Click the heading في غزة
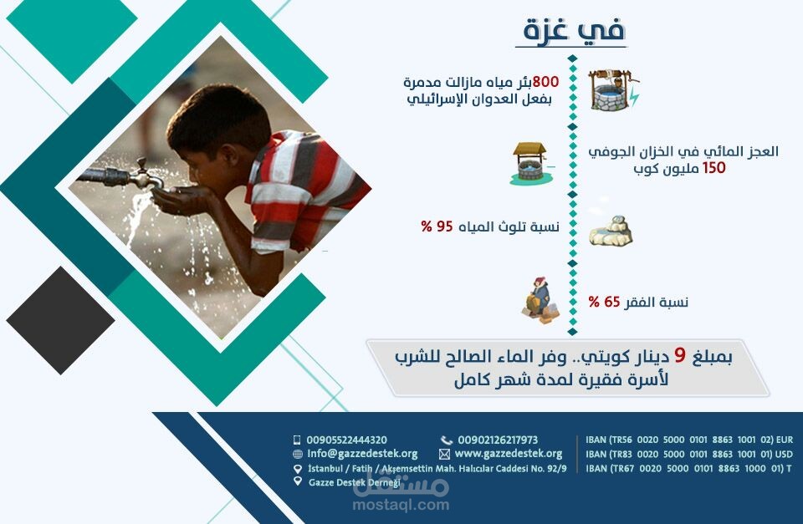pos(574,31)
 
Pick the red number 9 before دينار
pos(679,357)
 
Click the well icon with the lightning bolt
pos(612,90)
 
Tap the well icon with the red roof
pos(528,163)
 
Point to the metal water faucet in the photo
pos(125,176)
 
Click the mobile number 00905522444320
pos(346,440)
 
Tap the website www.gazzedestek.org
pos(508,453)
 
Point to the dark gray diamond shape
pos(59,320)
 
